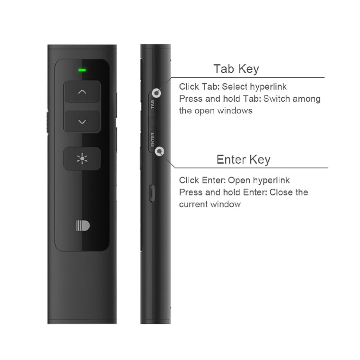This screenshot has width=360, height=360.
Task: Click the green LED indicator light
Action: (x=82, y=70)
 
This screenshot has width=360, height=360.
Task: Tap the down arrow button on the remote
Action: (x=82, y=122)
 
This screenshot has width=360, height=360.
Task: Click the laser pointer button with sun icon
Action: (x=82, y=158)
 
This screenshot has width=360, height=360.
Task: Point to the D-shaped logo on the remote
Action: (x=83, y=226)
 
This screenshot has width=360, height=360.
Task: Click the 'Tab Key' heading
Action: (x=236, y=69)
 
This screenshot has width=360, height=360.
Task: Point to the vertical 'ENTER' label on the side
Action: (x=153, y=139)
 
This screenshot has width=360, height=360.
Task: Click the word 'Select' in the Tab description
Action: (x=234, y=87)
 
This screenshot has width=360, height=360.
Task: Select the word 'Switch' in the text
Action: (x=279, y=99)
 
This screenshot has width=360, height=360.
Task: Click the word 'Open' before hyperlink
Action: (x=239, y=180)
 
